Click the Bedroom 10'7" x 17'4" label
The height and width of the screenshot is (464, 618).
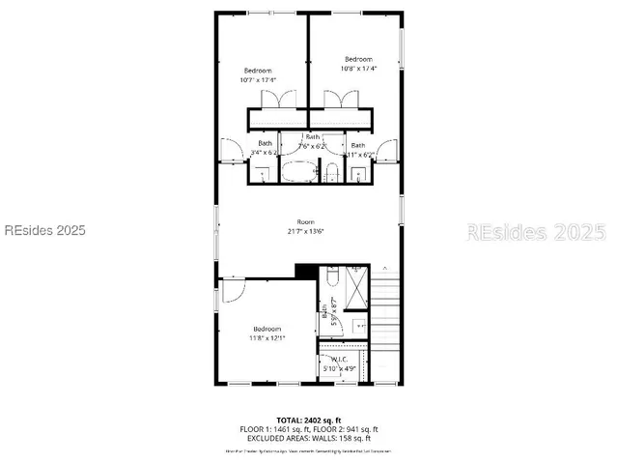tap(258, 74)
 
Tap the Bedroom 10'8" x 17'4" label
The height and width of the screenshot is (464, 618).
tap(358, 64)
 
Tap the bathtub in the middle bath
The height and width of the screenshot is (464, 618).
tap(298, 173)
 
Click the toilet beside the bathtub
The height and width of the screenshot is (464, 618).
tap(330, 174)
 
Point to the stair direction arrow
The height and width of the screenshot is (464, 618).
tap(385, 267)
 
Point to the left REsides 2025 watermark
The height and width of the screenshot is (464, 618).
tap(44, 231)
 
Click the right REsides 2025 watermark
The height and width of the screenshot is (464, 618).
tap(536, 232)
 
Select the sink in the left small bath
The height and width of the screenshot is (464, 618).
tap(262, 175)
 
